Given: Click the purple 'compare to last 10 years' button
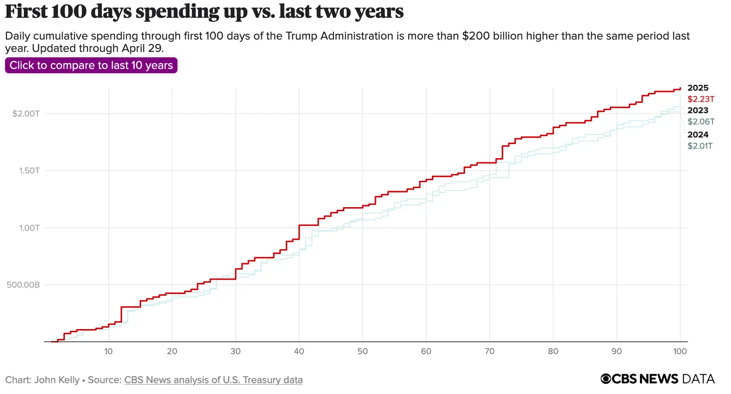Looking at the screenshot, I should tap(91, 65).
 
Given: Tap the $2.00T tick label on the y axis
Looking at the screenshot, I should tap(26, 113).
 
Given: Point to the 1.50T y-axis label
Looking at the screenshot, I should tap(29, 170).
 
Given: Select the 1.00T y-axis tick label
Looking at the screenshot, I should tap(29, 228).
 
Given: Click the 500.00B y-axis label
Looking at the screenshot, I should tap(23, 285).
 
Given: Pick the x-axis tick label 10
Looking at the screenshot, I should tap(108, 351).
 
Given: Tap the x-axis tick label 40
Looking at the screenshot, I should tap(299, 351).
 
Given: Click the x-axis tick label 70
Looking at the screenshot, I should tap(489, 351).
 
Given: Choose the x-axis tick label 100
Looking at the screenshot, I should tap(680, 351).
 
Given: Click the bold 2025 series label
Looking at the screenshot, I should tap(698, 88).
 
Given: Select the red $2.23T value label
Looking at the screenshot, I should tap(701, 99).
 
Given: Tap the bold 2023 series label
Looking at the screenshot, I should tap(698, 110).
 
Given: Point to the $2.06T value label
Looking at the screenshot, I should tap(701, 122).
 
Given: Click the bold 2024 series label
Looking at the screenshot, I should tap(698, 134).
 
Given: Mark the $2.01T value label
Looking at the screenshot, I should tap(700, 146).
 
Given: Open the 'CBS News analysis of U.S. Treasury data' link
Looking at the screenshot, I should tap(213, 380).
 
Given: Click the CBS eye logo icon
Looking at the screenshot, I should tap(606, 379).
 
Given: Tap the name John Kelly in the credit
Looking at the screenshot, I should tap(57, 380).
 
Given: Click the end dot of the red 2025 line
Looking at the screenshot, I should tap(680, 88).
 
